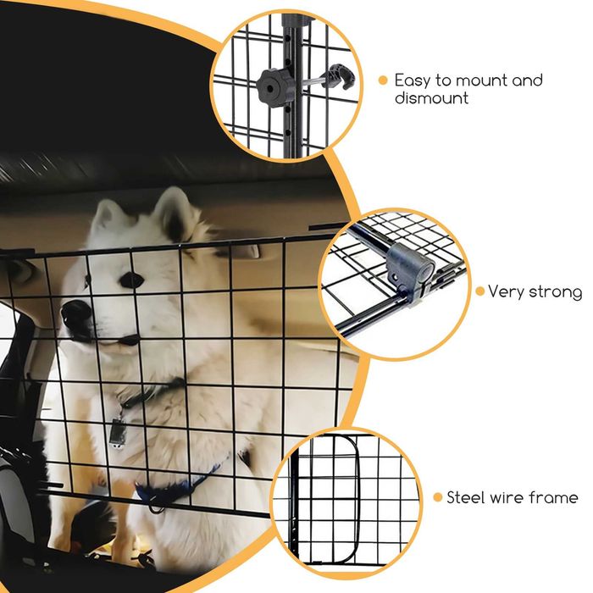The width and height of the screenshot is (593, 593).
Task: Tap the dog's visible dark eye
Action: coord(131,280)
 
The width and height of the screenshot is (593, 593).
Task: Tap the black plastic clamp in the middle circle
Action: coord(410,269)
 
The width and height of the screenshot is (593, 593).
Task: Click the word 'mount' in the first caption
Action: coord(480,80)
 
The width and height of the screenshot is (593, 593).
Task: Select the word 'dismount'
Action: coord(431,97)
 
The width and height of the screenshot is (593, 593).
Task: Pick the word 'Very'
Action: coord(503,292)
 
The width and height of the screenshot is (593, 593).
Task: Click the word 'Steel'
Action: coord(466,497)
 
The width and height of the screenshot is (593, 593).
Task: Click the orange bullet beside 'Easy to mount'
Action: coord(383,80)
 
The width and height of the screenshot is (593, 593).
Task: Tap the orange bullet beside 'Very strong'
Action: coord(480,291)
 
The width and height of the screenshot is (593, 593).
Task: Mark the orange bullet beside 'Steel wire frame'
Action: coord(438,497)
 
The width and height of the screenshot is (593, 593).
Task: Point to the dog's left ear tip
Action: coord(101,204)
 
